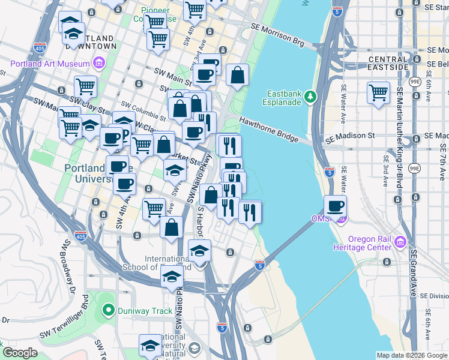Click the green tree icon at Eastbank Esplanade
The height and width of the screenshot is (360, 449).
coord(310,96)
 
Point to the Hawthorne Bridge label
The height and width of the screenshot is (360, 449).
coord(269,129)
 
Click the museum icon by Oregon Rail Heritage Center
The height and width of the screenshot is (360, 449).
coord(400,242)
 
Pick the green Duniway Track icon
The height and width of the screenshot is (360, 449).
coord(108,310)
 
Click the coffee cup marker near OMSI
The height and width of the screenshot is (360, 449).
coord(336,206)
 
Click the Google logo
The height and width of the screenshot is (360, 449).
coord(20,353)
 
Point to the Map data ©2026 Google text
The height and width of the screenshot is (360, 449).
coord(411,355)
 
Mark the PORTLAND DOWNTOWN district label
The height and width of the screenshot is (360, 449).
coord(92,40)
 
